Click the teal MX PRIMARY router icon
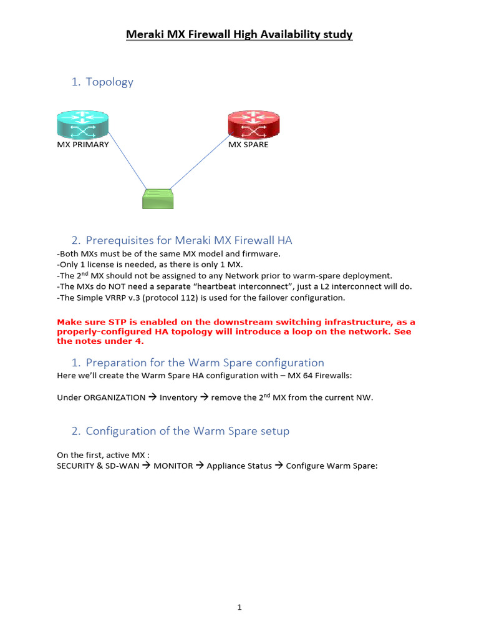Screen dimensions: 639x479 click(x=82, y=124)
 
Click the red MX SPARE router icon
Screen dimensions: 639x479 click(x=253, y=124)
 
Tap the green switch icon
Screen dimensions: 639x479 click(x=158, y=198)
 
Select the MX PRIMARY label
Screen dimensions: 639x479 click(x=83, y=145)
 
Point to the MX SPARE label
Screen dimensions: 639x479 click(x=248, y=145)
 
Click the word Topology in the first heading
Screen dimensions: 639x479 click(x=109, y=82)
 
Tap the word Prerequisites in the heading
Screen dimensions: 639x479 click(x=128, y=240)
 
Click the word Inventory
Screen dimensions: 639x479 click(x=178, y=398)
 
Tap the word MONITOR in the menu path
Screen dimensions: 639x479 click(x=173, y=466)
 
